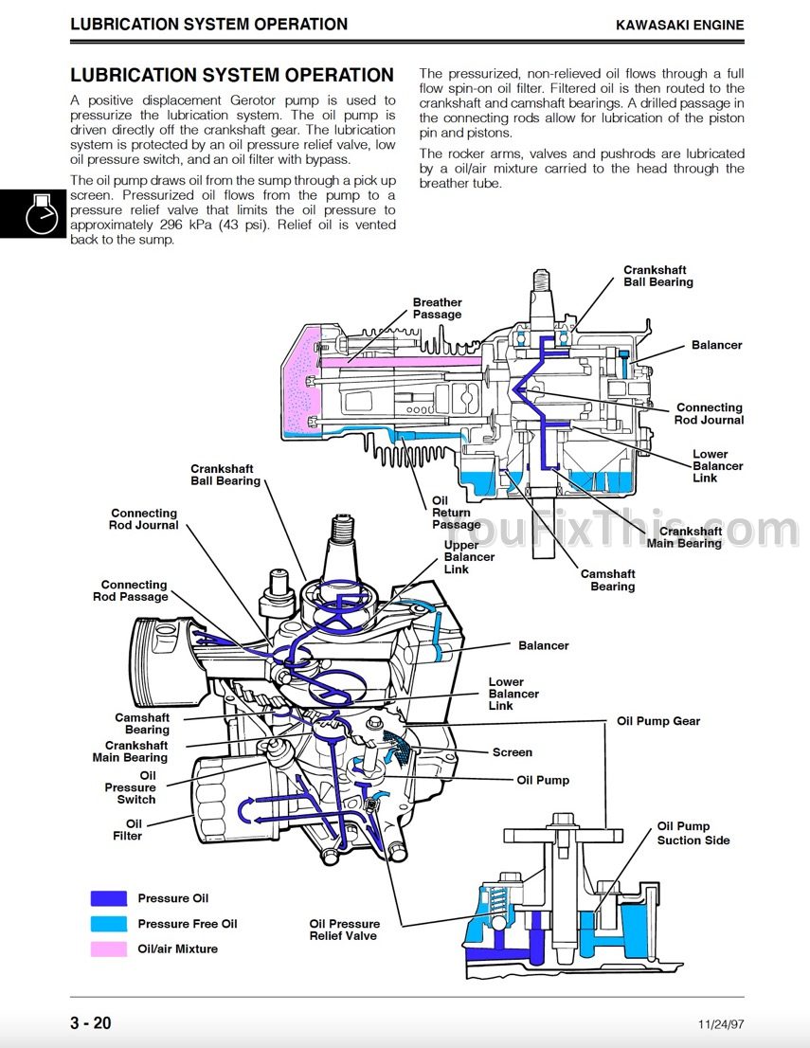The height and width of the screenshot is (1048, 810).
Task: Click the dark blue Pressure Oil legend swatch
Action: tap(109, 898)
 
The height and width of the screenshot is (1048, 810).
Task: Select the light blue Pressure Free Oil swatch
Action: tap(109, 924)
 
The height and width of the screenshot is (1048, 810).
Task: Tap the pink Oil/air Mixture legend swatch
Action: tap(109, 949)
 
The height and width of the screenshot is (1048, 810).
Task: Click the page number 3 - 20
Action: tap(91, 1023)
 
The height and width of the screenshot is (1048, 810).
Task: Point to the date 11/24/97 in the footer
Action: tap(720, 1024)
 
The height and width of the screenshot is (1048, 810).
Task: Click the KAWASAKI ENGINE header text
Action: tap(679, 26)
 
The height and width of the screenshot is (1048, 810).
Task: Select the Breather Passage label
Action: tap(437, 308)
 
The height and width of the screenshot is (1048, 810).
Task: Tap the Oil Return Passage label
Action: tap(456, 513)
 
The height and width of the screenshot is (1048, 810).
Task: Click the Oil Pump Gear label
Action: tap(658, 721)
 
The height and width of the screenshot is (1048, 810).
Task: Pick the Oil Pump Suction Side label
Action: tap(693, 834)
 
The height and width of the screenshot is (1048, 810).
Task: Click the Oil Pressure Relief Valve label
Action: tap(344, 930)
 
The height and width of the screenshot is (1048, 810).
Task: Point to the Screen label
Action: tap(513, 752)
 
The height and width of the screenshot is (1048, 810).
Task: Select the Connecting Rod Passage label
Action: tap(131, 591)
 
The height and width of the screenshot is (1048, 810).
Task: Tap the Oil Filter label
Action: tap(128, 829)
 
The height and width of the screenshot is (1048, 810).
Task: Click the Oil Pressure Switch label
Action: tap(131, 787)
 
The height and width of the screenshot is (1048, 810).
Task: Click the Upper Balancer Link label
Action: tap(469, 557)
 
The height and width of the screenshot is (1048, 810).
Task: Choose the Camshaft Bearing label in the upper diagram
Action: tap(607, 580)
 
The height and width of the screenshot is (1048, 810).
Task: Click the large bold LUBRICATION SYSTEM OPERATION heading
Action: tap(232, 75)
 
